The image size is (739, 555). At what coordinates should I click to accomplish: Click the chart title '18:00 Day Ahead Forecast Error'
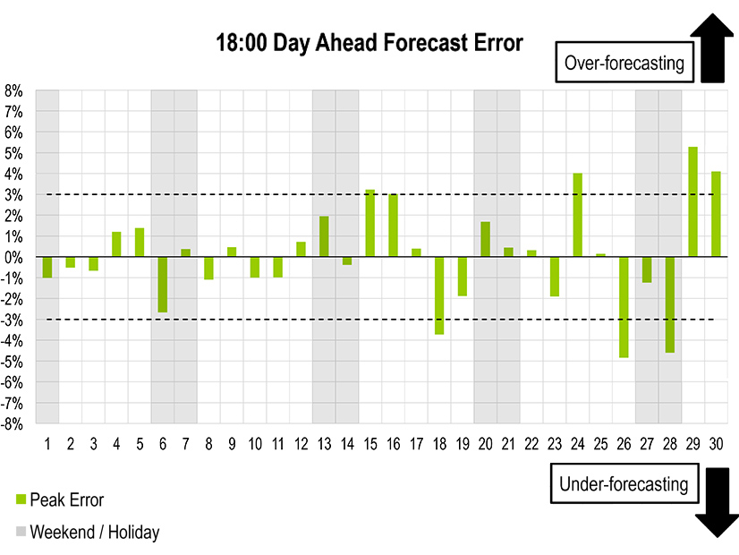click(369, 43)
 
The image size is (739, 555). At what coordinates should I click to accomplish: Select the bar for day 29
click(692, 201)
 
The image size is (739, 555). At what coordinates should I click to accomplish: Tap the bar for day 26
click(624, 307)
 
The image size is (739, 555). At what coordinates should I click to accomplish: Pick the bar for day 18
click(439, 295)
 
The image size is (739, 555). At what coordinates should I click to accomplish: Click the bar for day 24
click(577, 215)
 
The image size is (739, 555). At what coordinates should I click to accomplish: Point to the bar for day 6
click(162, 285)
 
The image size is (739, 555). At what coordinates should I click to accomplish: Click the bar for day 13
click(324, 236)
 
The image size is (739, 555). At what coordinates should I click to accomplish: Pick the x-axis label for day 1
click(47, 444)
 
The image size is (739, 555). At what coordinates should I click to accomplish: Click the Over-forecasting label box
click(624, 63)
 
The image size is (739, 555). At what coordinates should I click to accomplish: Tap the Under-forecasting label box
click(624, 484)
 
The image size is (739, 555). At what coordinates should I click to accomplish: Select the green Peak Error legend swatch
click(21, 499)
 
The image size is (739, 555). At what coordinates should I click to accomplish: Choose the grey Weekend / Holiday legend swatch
click(21, 532)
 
